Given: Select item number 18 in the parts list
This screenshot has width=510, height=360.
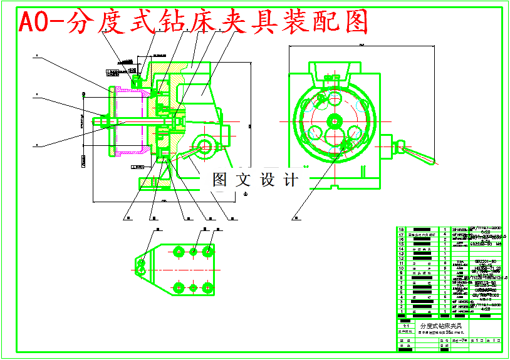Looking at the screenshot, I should [401, 230].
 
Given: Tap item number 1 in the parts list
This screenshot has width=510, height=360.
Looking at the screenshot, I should [401, 311].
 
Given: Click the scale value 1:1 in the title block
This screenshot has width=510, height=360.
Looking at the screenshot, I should [406, 326].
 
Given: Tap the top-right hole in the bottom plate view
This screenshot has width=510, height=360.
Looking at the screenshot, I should [208, 251].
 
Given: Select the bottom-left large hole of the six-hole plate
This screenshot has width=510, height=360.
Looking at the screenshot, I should [179, 288].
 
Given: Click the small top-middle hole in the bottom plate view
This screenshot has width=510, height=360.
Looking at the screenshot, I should [194, 252].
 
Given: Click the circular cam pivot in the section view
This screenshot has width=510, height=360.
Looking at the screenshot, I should [204, 146].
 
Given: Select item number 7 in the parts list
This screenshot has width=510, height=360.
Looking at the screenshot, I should [401, 282].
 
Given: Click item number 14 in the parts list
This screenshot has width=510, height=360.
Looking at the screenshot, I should [401, 249].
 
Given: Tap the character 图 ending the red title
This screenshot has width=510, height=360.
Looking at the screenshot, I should [353, 23].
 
